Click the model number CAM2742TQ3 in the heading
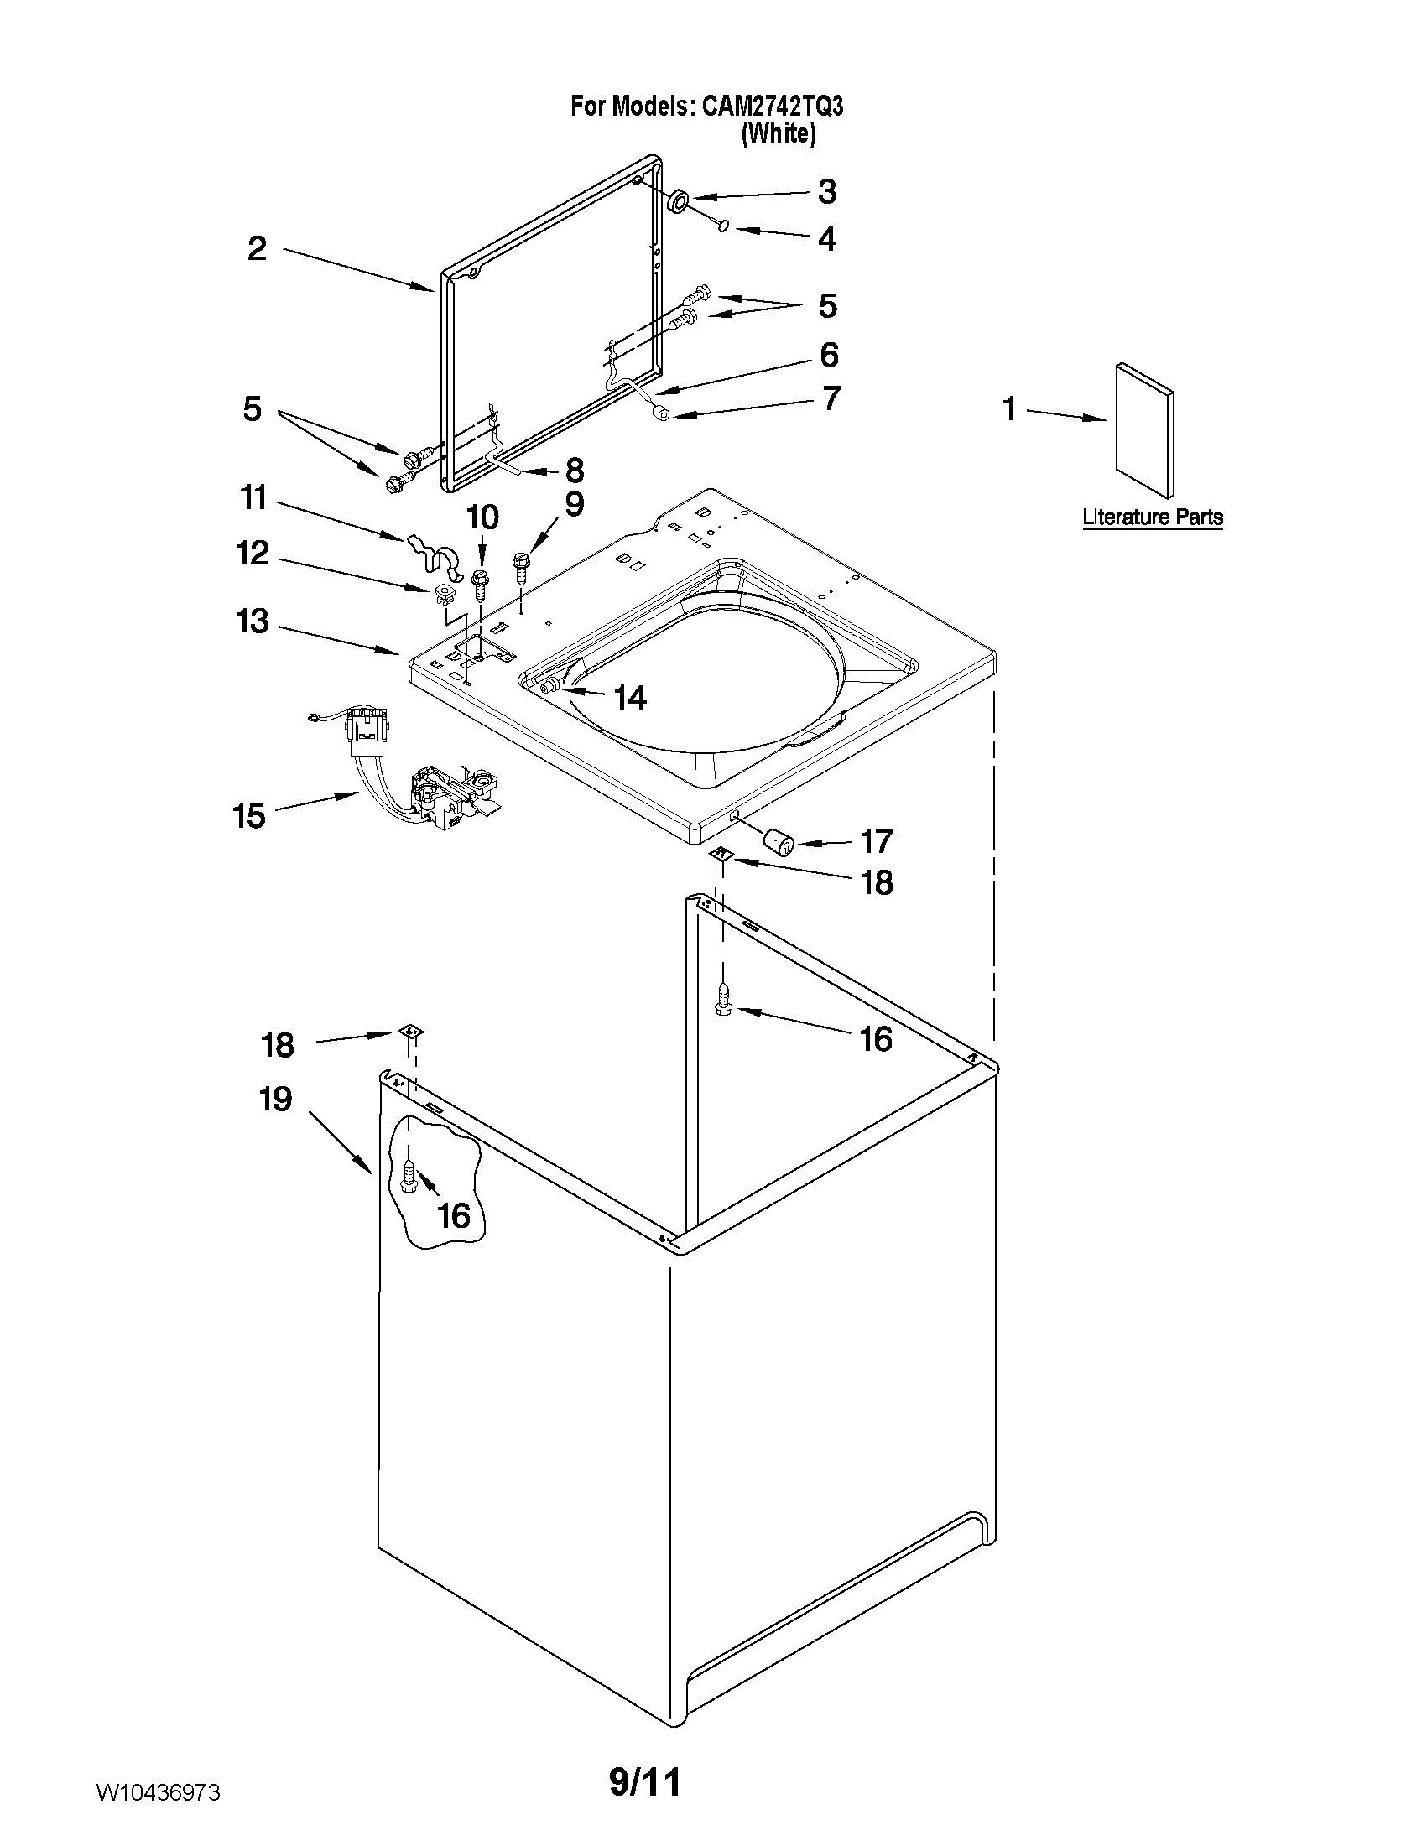pos(772,107)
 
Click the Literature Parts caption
pos(1152,517)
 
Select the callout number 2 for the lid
pos(257,248)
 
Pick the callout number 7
pos(831,398)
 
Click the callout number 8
pos(574,470)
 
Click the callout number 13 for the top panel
pos(253,622)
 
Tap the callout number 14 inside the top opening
pos(630,698)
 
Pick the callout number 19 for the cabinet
pos(276,1100)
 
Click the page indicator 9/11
pos(645,1781)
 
